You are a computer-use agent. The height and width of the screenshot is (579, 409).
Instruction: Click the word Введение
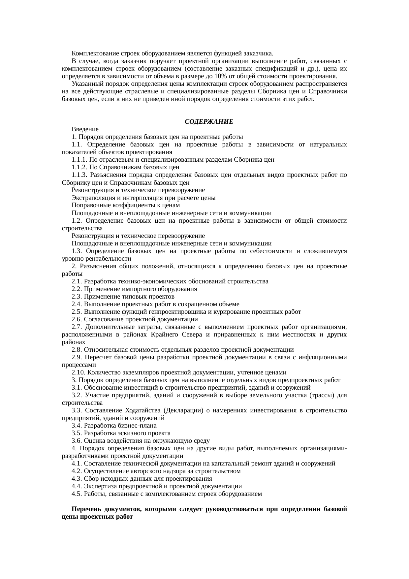85,129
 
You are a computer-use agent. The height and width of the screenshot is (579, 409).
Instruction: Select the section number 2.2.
77,289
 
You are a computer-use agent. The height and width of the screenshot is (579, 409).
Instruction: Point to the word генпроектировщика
174,312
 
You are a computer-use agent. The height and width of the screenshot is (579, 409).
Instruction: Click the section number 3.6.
77,441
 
